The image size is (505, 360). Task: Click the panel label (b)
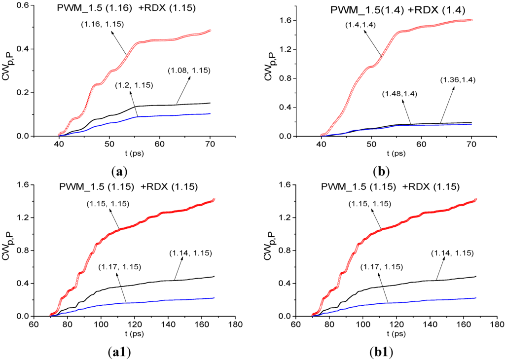click(x=382, y=172)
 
